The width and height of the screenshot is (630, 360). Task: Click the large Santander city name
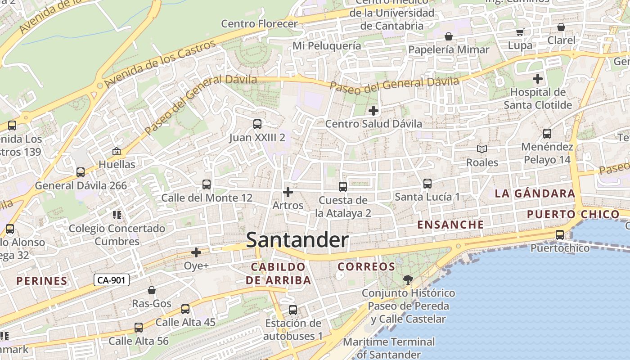coord(297,240)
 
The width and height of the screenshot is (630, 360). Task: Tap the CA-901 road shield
coord(112,280)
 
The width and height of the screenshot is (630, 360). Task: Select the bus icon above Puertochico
coord(560,235)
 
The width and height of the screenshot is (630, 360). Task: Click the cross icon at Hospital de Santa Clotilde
coord(538,79)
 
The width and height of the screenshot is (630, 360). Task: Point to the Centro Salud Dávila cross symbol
coord(373,111)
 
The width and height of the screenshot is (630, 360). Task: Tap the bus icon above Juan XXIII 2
coord(257,124)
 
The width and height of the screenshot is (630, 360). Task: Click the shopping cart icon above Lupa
coord(520,32)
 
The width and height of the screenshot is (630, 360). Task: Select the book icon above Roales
coord(482,149)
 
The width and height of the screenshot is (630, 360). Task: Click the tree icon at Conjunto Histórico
coord(408,280)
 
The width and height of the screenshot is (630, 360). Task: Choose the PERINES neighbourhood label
coord(42,281)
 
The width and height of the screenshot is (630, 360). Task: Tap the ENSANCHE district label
coord(450,225)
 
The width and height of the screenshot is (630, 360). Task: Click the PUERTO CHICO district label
coord(573,214)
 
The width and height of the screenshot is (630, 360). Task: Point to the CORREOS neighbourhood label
coord(366,267)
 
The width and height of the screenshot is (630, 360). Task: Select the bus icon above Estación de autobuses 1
coord(293,310)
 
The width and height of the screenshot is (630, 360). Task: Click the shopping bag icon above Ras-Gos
coord(152,290)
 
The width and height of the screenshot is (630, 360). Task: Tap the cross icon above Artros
coord(288,193)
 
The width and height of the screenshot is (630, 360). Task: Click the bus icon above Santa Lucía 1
coord(427,184)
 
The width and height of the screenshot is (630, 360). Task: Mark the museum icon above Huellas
coord(117,151)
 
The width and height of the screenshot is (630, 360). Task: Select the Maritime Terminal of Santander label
coord(389,348)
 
